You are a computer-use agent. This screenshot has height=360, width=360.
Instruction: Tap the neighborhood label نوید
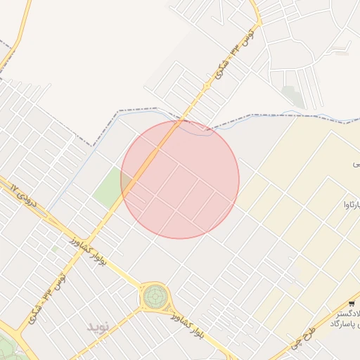click(98, 327)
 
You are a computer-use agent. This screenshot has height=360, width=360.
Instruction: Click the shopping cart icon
click(351, 304)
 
